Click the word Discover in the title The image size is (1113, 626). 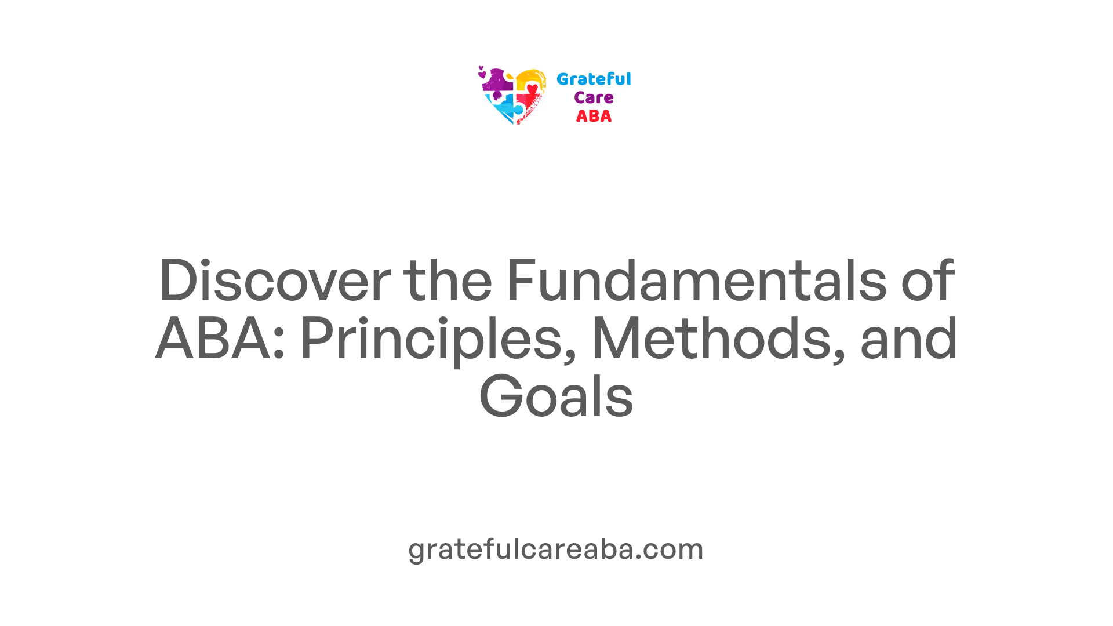click(275, 281)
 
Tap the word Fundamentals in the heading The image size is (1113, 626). click(696, 281)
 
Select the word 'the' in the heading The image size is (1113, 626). click(448, 281)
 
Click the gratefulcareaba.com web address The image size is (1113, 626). click(556, 549)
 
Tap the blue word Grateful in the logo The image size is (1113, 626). click(594, 79)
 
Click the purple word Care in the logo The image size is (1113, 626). click(594, 98)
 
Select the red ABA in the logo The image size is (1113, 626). click(594, 117)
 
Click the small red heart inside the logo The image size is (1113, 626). click(532, 89)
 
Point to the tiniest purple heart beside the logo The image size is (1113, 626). click(481, 68)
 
